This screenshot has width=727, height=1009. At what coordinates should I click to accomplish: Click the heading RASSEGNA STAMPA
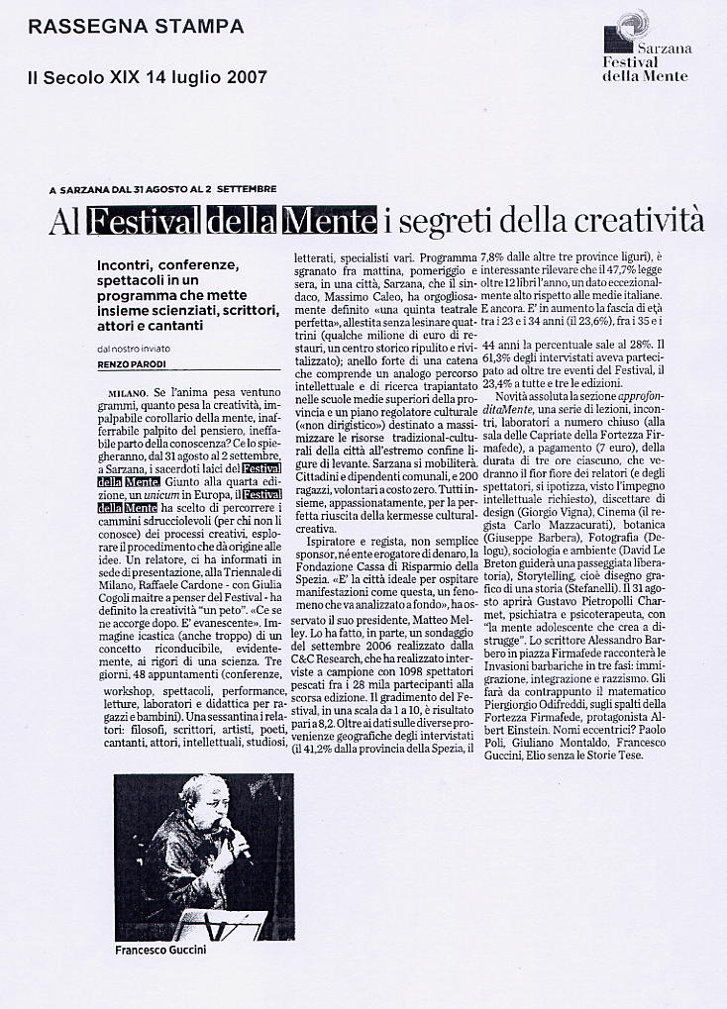(136, 28)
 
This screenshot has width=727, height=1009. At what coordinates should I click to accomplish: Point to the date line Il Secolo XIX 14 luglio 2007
(147, 78)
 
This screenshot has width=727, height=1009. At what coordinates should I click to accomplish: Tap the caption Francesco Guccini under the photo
(159, 951)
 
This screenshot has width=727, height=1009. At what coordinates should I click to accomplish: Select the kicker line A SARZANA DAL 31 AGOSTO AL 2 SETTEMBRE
(162, 188)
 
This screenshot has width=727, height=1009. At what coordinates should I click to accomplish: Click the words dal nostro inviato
(134, 348)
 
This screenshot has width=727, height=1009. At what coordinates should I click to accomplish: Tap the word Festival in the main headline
(145, 219)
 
